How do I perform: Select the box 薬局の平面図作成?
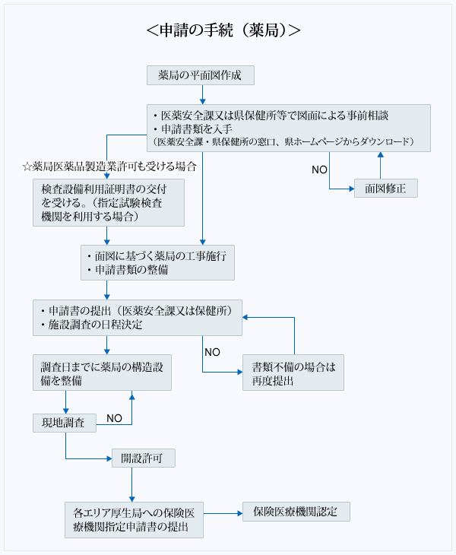coord(200,75)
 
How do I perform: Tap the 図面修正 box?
coord(385,188)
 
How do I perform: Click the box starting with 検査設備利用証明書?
coord(109,202)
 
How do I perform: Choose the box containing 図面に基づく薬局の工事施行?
coord(157,262)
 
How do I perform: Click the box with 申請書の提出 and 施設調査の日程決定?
coord(138,317)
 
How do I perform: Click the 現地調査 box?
coord(64,421)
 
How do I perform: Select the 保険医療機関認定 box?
coord(296,512)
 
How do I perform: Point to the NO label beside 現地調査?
coord(114,418)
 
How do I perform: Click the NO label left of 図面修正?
coord(320,167)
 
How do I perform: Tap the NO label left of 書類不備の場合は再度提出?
coord(212,352)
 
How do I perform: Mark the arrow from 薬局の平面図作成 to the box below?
coord(202,94)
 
